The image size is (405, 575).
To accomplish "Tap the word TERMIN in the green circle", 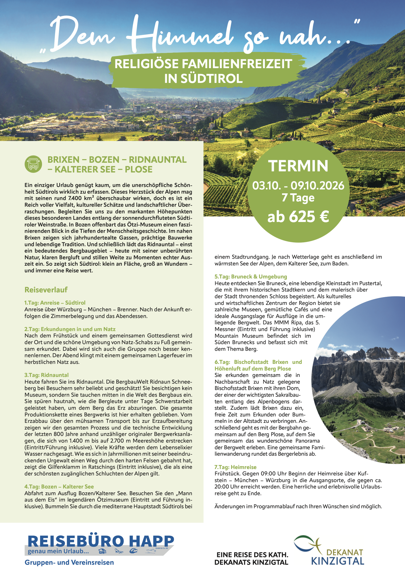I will (x=298, y=166).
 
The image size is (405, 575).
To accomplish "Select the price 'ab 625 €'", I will (x=298, y=217).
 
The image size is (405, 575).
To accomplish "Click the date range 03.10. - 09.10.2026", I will (x=298, y=186).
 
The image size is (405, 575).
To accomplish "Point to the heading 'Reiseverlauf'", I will (x=46, y=290).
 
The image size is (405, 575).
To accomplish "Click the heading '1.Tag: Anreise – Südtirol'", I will (x=55, y=303).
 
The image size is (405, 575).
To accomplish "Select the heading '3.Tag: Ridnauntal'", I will (x=46, y=375).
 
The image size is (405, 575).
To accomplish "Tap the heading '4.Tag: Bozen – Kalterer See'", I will (x=59, y=487).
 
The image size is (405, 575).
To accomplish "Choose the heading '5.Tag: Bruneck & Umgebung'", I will (x=251, y=277).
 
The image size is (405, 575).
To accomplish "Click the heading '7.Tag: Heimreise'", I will (x=235, y=467).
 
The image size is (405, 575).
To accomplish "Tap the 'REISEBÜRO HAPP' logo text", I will (x=101, y=541).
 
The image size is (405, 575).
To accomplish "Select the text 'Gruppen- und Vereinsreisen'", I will (x=69, y=562).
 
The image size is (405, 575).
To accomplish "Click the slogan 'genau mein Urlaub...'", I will (x=58, y=551).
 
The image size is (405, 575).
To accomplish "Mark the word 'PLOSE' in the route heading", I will (x=139, y=169).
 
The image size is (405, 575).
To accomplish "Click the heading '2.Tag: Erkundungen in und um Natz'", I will (x=70, y=329).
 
